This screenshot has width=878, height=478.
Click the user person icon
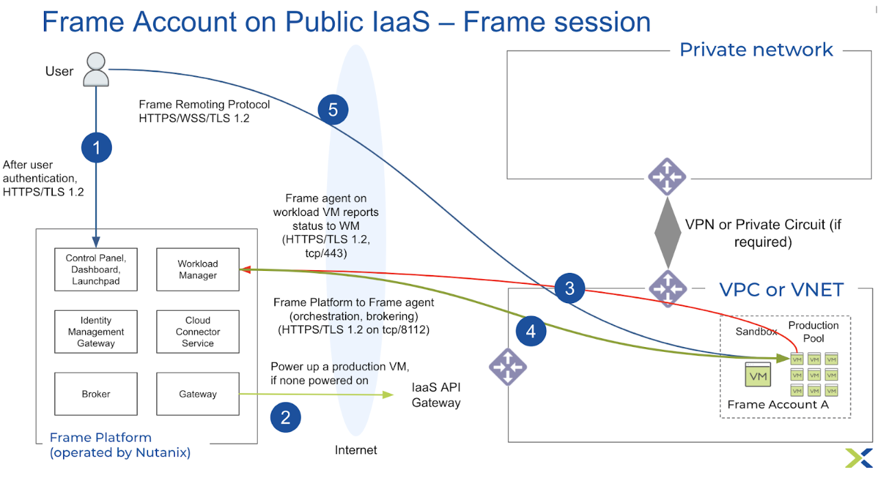(96, 69)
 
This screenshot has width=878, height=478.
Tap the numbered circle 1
(96, 147)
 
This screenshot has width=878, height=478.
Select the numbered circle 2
(285, 418)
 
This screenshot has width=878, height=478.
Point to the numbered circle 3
(569, 288)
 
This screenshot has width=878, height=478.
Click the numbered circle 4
(530, 332)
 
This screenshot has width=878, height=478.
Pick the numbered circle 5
(333, 110)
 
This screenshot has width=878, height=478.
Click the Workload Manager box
(198, 270)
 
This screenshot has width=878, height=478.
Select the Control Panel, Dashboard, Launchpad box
(96, 270)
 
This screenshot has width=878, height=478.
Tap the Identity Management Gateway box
(96, 331)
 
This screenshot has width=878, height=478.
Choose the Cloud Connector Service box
(198, 331)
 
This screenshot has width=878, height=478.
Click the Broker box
(96, 394)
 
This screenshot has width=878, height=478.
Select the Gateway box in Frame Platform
(198, 394)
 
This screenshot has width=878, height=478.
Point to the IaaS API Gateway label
(436, 396)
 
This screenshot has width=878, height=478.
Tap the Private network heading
(756, 49)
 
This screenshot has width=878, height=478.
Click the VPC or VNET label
(781, 289)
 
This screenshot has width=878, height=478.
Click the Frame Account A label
(778, 405)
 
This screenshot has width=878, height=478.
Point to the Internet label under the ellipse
(356, 450)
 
